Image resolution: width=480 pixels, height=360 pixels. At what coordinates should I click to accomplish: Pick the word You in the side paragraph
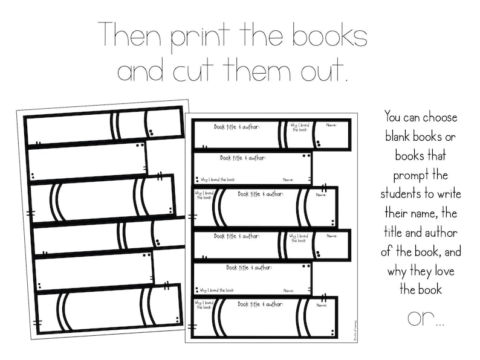pos(394,117)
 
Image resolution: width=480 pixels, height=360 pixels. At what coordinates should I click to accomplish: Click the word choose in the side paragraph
pos(440,117)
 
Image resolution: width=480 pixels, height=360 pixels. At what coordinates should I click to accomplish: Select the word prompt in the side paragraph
pos(420,175)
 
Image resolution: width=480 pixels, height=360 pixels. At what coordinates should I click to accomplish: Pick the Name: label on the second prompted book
pos(288,179)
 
